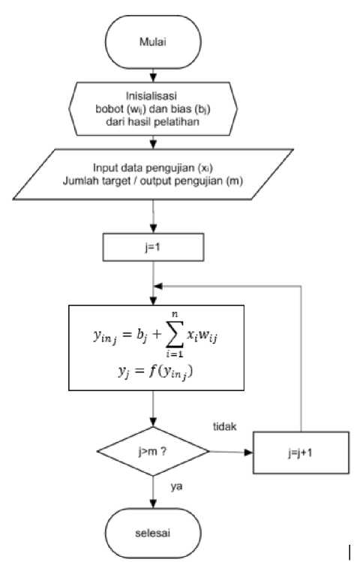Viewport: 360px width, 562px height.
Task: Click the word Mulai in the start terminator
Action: tap(153, 42)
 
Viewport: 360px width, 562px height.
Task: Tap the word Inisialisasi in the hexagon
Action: tap(151, 96)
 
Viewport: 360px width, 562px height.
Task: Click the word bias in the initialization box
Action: tap(176, 109)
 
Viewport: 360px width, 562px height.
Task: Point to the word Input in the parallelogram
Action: tap(104, 168)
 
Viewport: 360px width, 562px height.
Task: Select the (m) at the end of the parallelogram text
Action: tap(234, 181)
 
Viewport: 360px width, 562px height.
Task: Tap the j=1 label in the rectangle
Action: tap(153, 247)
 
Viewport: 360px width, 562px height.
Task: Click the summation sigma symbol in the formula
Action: tap(175, 335)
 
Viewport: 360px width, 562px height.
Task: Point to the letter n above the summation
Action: tap(175, 315)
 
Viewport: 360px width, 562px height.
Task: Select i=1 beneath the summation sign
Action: tap(175, 354)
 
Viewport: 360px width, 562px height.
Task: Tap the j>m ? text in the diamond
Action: tap(152, 452)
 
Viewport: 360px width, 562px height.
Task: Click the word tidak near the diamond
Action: tap(225, 426)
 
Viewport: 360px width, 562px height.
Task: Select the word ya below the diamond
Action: tap(176, 486)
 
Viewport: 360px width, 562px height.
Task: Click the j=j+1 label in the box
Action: tap(300, 453)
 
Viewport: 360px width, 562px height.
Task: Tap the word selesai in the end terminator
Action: tap(152, 533)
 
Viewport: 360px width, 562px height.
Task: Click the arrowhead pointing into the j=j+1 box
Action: tap(248, 453)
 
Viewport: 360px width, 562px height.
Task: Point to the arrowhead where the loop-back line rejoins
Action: tap(158, 286)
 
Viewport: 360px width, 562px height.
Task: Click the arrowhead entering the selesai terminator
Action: tap(153, 504)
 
